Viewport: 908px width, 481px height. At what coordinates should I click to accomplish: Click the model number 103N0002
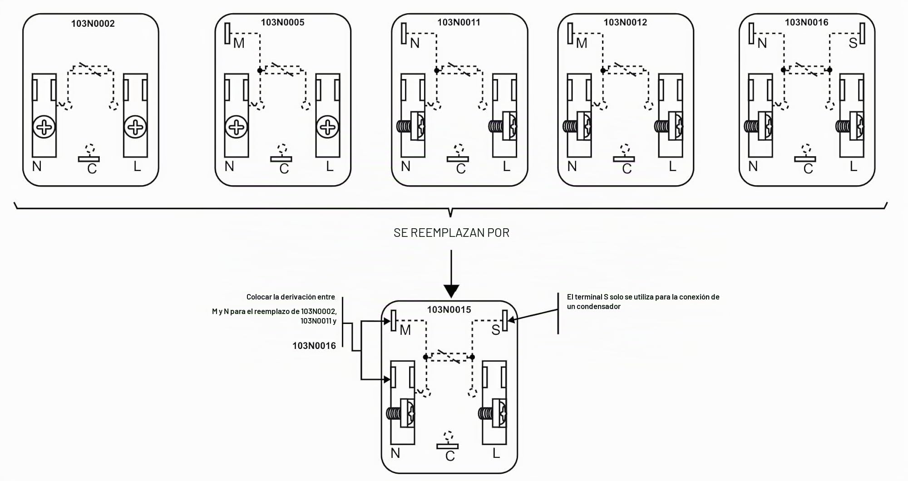[93, 24]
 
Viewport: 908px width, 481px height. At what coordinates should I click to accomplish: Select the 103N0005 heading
[282, 22]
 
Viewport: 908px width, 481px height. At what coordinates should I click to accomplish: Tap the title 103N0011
[459, 22]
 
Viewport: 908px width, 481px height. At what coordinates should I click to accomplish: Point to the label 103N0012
[625, 22]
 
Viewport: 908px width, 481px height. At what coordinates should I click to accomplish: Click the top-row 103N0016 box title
[806, 22]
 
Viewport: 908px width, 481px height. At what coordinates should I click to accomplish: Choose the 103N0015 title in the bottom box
[449, 309]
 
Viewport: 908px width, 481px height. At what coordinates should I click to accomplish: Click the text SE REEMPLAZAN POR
[451, 233]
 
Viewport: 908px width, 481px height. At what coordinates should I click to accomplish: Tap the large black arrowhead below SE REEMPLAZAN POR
[451, 291]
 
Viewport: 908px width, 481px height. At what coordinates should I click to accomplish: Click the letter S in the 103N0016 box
[853, 43]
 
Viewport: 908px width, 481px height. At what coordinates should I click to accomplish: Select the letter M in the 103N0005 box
[239, 43]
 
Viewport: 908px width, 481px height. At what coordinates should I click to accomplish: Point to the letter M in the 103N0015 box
[405, 330]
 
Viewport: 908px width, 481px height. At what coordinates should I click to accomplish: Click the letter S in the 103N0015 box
[495, 330]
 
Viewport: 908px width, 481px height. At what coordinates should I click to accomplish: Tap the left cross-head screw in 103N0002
[44, 127]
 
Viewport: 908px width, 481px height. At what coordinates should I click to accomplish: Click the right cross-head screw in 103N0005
[328, 127]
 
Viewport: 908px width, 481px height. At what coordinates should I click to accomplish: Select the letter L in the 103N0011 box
[507, 167]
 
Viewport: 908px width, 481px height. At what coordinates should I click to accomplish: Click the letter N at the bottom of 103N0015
[395, 453]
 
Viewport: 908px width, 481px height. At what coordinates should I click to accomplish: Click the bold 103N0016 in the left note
[314, 346]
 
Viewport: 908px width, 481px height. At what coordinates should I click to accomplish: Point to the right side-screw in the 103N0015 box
[493, 413]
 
